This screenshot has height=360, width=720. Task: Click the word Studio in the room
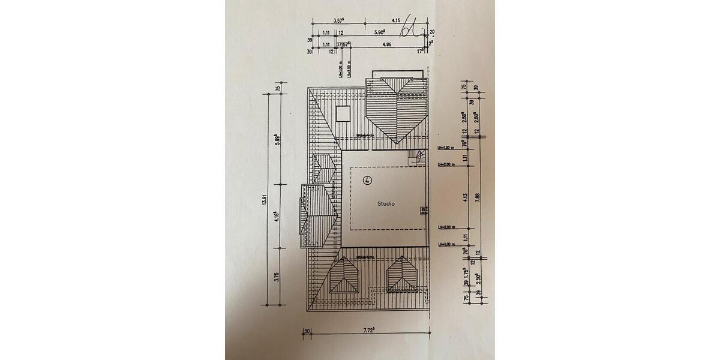click(x=386, y=204)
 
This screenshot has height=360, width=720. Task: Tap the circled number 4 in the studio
click(x=367, y=179)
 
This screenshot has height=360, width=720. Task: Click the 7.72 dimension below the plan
click(x=369, y=330)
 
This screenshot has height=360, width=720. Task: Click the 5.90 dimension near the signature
click(x=379, y=34)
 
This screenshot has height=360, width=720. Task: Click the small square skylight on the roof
click(x=343, y=113)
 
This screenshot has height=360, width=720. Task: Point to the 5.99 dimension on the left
click(x=278, y=142)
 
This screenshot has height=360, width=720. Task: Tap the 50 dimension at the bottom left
click(x=307, y=331)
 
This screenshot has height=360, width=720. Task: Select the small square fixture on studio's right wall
click(x=424, y=210)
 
